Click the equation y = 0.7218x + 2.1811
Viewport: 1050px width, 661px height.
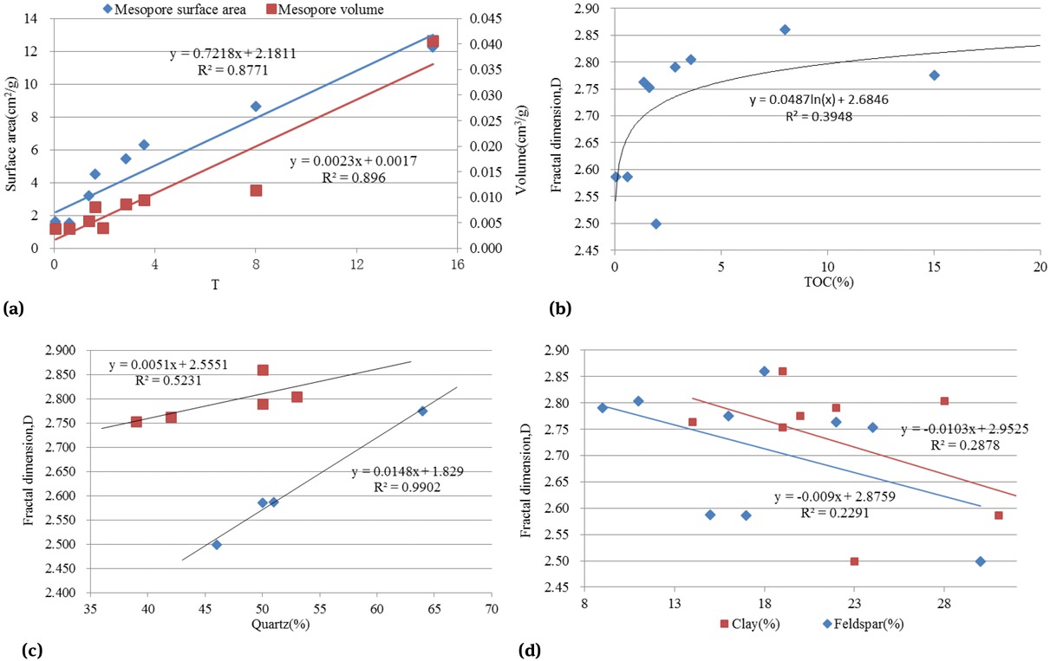tap(232, 53)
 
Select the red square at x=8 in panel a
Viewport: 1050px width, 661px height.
tap(256, 190)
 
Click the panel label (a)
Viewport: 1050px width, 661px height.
tap(14, 307)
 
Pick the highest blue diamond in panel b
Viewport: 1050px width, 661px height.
tap(785, 29)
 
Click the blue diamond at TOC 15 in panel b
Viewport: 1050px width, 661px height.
tap(934, 75)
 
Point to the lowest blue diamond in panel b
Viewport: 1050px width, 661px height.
tap(656, 224)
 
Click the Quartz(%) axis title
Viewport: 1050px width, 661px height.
tap(282, 624)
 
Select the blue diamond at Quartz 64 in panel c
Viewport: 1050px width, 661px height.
tap(422, 411)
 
